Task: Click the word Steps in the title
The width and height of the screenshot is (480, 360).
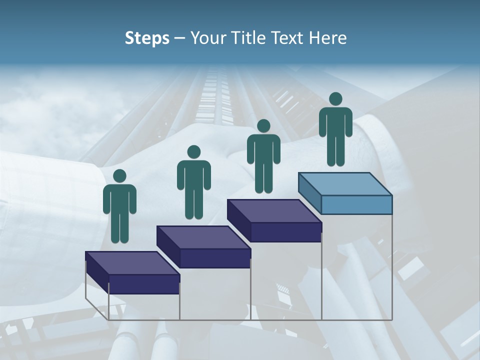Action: [147, 38]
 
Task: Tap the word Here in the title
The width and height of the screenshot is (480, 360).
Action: [328, 38]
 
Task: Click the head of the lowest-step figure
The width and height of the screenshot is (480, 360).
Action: [119, 176]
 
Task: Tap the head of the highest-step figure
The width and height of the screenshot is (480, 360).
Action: [335, 99]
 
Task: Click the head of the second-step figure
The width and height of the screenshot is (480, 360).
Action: [193, 152]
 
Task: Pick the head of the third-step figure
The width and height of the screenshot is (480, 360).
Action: [263, 126]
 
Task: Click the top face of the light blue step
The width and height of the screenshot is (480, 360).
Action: [345, 183]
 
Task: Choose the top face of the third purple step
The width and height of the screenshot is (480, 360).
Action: [274, 211]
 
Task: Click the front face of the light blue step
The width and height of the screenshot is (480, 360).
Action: [356, 204]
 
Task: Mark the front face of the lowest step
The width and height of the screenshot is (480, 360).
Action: [144, 284]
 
